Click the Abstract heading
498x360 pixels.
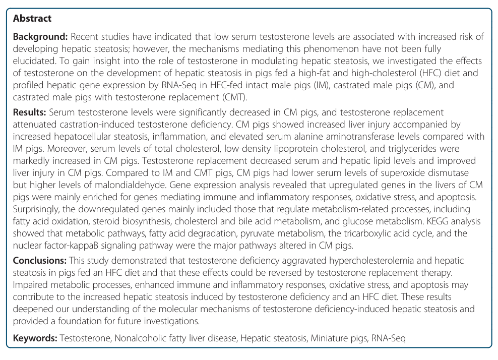click(32, 19)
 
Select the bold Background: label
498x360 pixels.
click(40, 37)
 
